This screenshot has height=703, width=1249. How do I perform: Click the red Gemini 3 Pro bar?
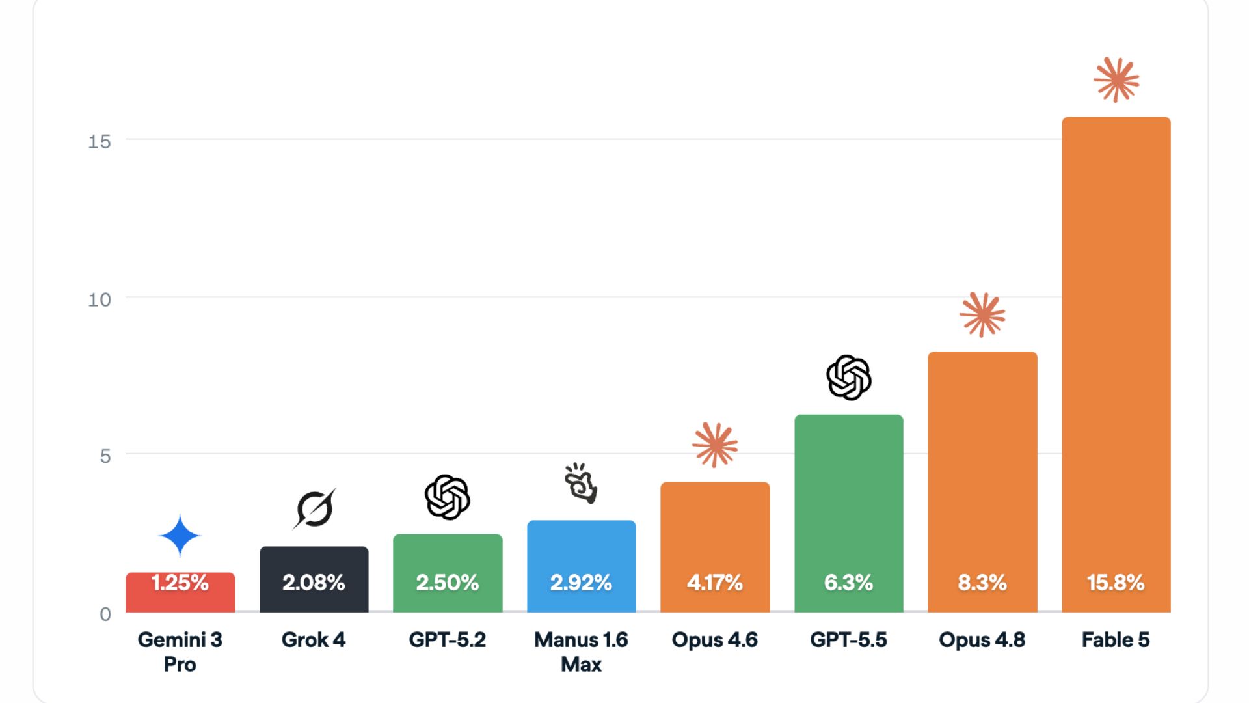[x=180, y=592]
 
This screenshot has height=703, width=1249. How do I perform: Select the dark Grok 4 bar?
[x=314, y=579]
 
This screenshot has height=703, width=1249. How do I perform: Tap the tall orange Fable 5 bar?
[x=1116, y=365]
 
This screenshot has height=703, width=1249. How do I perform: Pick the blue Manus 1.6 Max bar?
[x=582, y=566]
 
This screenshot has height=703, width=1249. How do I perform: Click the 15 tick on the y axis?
[x=100, y=141]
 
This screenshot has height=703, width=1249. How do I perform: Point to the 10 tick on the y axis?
[x=100, y=299]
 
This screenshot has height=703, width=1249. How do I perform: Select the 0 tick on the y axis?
[x=105, y=614]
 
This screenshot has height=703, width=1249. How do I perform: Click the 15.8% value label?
[x=1116, y=582]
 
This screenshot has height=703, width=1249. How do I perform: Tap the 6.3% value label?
[x=848, y=582]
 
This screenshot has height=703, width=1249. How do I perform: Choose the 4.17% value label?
[x=715, y=582]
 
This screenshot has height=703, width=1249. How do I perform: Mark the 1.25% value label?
[x=180, y=582]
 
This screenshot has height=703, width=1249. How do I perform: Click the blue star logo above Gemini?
[x=180, y=536]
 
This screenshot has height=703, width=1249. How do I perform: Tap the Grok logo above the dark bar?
[x=314, y=508]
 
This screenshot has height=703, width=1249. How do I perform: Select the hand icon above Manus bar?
[x=580, y=483]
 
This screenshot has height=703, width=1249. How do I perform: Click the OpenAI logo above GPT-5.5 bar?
[x=849, y=378]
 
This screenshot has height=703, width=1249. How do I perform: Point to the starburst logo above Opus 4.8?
[x=982, y=314]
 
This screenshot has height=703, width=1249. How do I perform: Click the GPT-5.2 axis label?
[x=448, y=640]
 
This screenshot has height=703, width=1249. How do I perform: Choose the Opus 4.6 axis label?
[x=715, y=640]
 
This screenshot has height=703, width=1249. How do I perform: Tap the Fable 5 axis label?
[x=1116, y=640]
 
